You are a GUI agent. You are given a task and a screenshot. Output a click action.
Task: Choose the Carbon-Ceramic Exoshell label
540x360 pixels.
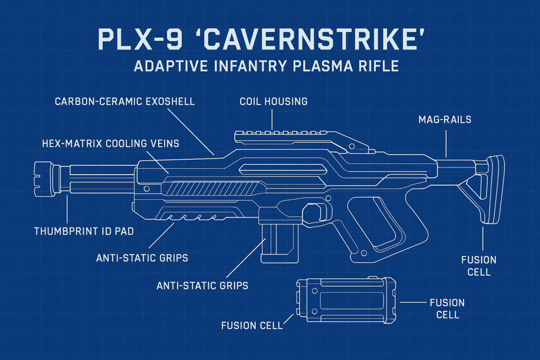[x=125, y=101]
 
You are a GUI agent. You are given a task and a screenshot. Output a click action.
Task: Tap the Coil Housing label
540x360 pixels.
[x=273, y=101]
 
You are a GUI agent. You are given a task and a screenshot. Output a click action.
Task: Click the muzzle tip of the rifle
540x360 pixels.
[x=42, y=179]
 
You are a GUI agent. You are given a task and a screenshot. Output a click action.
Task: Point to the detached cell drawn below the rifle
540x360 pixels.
[x=346, y=299]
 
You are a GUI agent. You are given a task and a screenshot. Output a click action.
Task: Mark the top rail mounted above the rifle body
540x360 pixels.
[x=295, y=138]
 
